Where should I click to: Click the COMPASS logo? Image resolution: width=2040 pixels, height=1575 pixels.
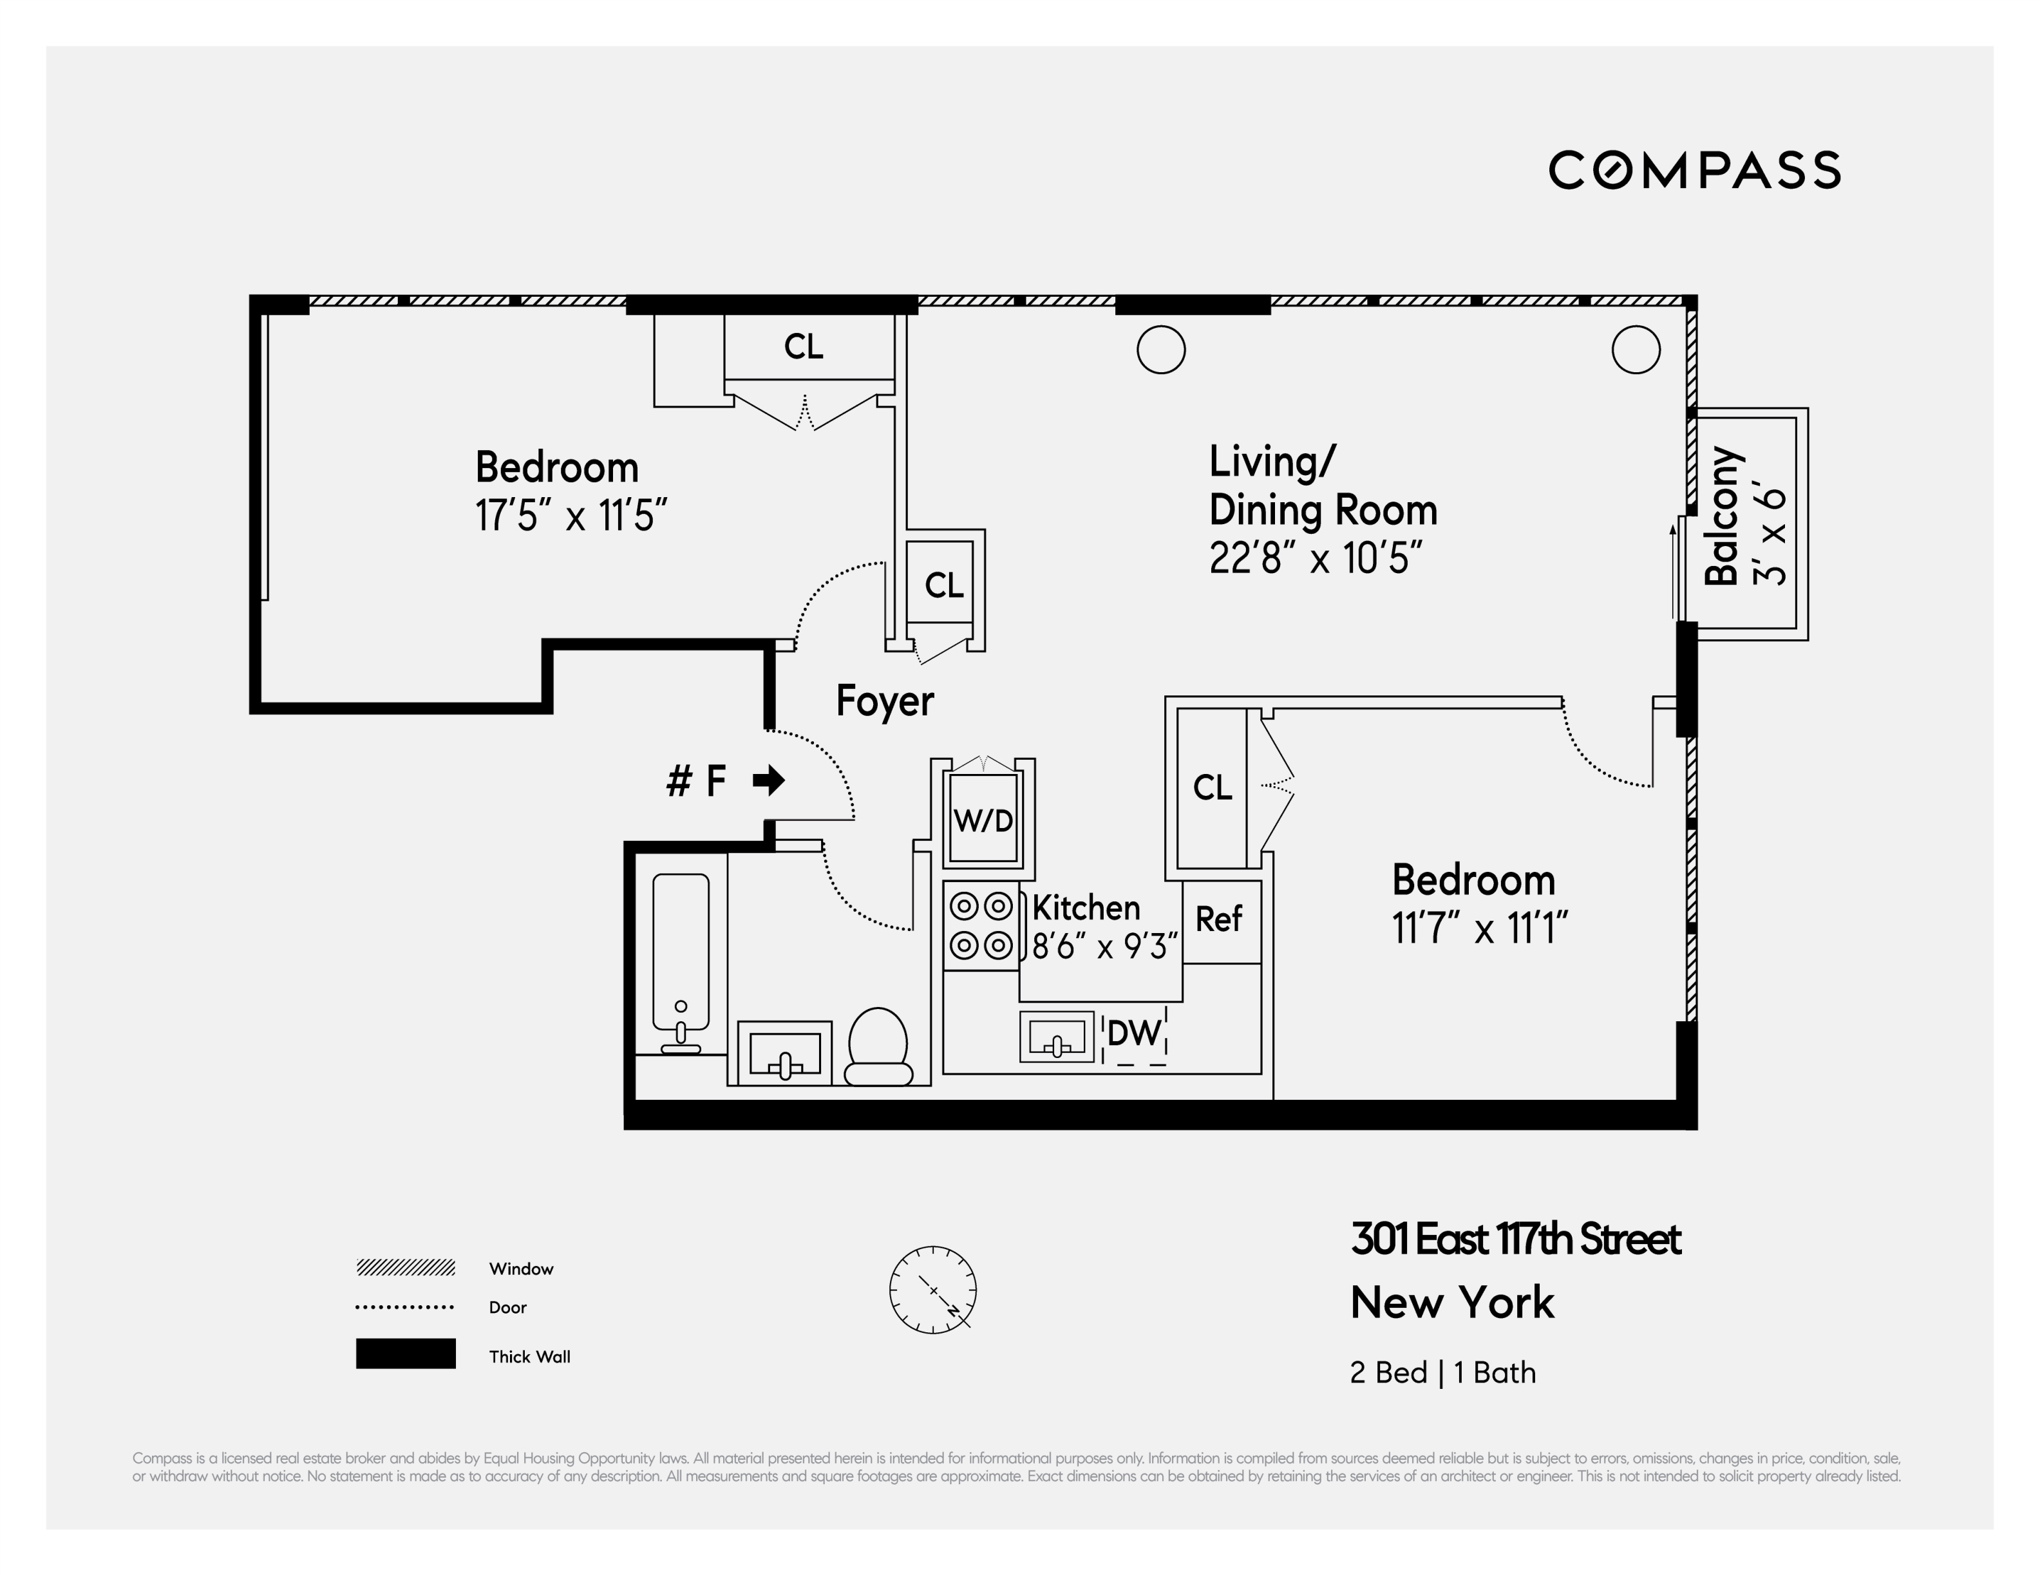point(1694,170)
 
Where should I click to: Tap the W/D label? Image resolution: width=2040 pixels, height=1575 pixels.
point(983,821)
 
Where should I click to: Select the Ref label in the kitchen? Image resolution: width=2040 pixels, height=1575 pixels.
point(1218,920)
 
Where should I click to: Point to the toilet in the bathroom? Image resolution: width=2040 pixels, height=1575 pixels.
point(878,1046)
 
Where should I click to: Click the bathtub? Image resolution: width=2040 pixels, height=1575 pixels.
point(680,962)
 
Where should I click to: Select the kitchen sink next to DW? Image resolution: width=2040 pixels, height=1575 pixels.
point(1057,1037)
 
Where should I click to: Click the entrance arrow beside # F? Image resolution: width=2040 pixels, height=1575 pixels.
point(769,780)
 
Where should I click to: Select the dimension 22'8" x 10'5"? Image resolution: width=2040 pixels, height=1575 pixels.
point(1315,559)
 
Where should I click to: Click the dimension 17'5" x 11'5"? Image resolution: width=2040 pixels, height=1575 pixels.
point(571,516)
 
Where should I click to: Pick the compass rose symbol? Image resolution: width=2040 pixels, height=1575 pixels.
point(932,1289)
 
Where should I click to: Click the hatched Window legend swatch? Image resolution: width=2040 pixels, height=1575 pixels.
point(406,1268)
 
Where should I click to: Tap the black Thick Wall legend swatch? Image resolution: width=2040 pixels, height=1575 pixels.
point(406,1353)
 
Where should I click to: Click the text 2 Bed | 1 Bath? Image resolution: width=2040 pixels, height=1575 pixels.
point(1442,1372)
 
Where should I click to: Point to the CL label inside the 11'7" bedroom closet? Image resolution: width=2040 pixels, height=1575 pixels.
point(1213,787)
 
